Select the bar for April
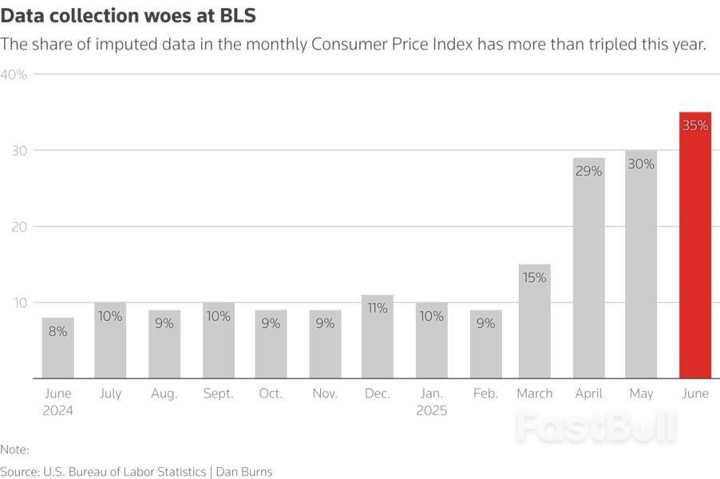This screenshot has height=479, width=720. coord(588,271)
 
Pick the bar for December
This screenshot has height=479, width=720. coord(378,339)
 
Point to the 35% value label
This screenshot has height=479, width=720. coord(694,125)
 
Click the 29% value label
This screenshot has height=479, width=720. coord(588,171)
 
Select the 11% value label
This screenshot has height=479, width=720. coord(378,308)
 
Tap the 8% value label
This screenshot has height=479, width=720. coord(58,331)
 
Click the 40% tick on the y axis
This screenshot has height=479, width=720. coord(14,75)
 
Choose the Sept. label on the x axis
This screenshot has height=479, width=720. coord(217,394)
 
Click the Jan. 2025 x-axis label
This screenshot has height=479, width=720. coord(431,402)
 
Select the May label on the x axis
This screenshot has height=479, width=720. coord(641,394)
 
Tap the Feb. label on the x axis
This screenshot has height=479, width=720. coord(485,394)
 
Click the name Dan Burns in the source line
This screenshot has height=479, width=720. coord(244,472)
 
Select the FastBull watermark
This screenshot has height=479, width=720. coord(595,428)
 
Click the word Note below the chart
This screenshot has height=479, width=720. coord(14,449)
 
